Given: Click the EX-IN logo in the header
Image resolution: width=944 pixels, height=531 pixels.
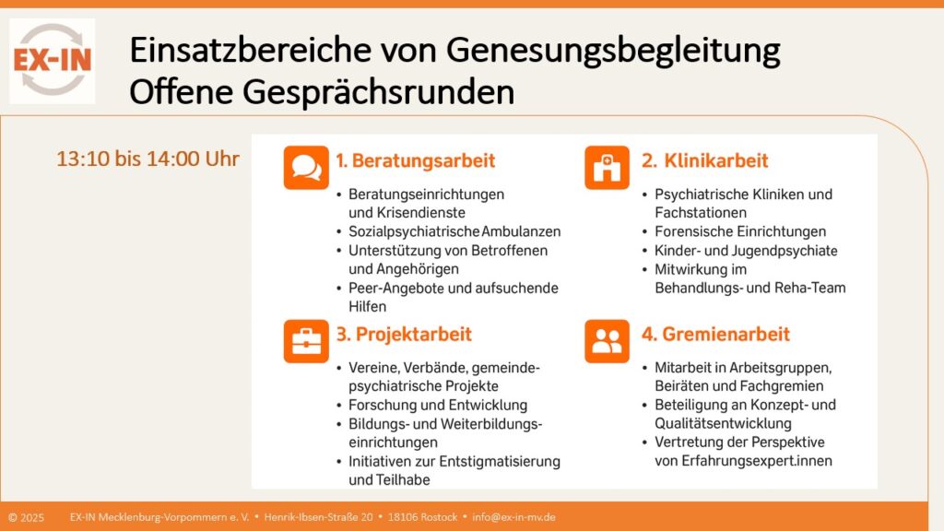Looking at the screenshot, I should (52, 60).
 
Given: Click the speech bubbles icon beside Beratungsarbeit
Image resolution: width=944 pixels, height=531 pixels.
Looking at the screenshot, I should (305, 167).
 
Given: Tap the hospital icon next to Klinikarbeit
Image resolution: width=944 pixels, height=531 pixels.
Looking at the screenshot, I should (607, 167).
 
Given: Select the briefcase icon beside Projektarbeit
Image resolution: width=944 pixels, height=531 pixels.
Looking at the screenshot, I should (305, 340).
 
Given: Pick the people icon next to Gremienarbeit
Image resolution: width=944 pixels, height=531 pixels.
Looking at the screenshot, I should (607, 340).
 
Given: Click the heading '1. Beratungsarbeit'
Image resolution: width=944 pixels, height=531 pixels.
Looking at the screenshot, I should (415, 160).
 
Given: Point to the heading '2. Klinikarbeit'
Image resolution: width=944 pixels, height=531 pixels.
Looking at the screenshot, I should (704, 160).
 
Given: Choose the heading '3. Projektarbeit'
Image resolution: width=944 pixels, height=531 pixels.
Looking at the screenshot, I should (404, 334).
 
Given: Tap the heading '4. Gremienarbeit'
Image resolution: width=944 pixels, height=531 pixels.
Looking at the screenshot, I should (715, 334).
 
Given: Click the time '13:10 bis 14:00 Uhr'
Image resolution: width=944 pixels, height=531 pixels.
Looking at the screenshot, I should (147, 159).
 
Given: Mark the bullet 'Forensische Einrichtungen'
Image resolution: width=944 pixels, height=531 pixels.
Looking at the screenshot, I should (740, 231).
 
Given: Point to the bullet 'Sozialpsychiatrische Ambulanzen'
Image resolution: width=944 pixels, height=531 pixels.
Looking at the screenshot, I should (454, 231).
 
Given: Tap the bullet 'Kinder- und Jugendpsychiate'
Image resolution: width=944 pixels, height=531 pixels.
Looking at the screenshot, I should (746, 251).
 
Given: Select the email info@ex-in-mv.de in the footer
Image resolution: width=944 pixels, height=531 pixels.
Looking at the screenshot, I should (513, 517).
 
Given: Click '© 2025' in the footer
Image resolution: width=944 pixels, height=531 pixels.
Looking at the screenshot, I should (26, 517).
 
